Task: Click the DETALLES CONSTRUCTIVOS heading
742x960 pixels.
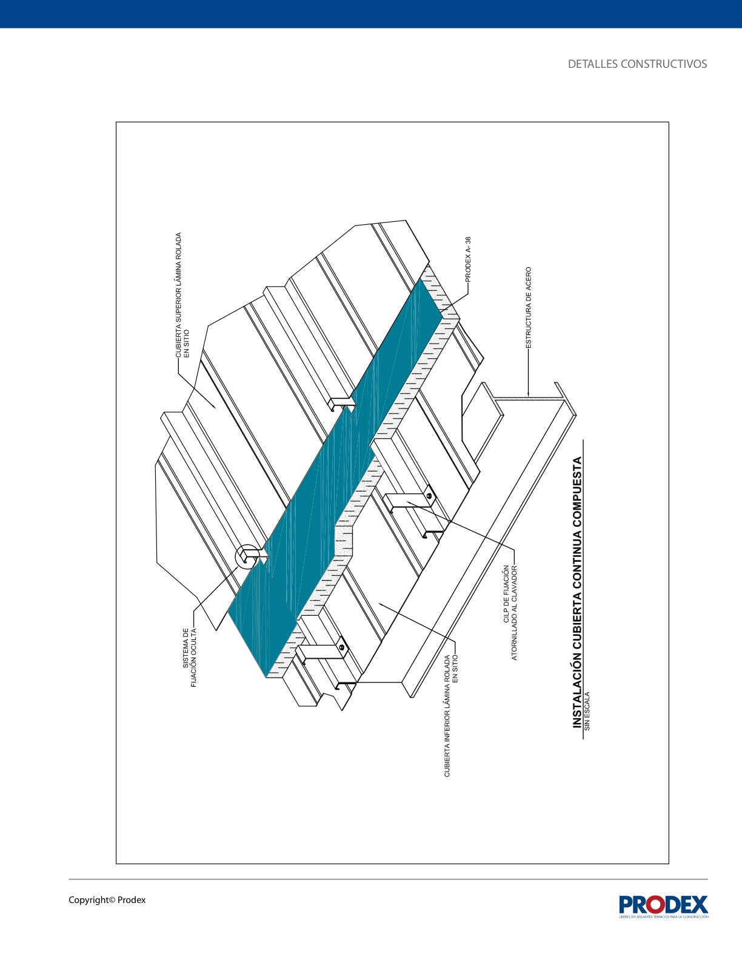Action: tap(637, 64)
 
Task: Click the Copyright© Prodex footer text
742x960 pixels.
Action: tap(107, 900)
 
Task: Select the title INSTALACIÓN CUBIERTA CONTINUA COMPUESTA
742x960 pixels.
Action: tap(577, 592)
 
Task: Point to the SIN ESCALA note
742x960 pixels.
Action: tap(587, 711)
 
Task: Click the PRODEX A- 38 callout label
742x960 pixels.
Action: tap(469, 259)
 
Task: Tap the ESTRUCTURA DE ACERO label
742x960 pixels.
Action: tap(529, 307)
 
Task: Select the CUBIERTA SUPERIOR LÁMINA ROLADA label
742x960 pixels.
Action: tap(182, 295)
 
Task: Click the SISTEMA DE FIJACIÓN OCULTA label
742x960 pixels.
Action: tap(190, 658)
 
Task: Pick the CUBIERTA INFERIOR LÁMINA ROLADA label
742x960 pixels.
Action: tap(451, 716)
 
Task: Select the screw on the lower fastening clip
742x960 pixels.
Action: tap(342, 647)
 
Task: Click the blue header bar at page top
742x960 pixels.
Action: tap(371, 14)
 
